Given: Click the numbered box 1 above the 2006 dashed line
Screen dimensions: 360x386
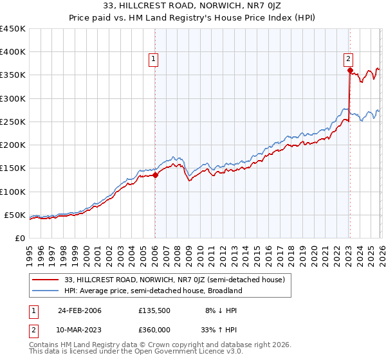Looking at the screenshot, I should pos(154,59).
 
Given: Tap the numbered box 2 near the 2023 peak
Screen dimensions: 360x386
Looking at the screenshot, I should pos(348,58).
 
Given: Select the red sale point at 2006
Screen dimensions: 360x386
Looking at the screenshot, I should pos(155,175).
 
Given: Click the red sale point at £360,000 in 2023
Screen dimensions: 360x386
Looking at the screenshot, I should pos(349,71).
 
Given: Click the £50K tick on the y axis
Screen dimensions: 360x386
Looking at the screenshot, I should pos(14,215).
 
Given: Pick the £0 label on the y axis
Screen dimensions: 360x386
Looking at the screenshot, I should pos(19,238).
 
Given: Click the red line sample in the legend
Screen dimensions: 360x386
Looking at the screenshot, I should pos(46,279).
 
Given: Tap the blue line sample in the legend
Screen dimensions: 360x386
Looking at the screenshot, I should pos(46,291).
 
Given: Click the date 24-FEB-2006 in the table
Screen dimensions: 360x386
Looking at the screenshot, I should pos(80,310).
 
